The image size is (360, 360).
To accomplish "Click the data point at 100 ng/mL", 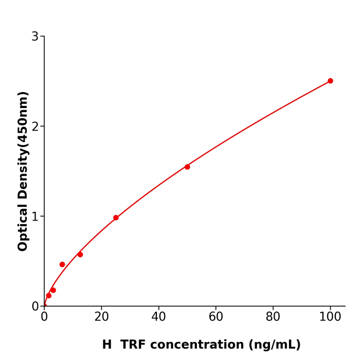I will coord(330,81).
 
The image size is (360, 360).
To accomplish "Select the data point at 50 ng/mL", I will coord(187,167).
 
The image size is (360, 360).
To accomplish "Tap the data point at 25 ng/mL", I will coord(116,218).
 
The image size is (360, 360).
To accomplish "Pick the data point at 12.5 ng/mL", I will coord(80,255).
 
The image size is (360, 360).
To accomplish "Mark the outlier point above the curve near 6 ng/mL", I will coord(62,264).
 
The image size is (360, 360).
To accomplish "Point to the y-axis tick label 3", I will coord(35,37).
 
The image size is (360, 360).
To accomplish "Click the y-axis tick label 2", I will coord(35,127).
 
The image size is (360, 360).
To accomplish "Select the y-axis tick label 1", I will coord(35,217).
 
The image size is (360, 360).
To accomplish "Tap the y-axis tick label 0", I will coord(35,307).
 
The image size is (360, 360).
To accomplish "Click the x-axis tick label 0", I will coord(44,317).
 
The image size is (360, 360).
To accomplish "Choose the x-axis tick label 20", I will coord(101,317).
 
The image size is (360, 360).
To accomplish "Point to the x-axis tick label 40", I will coord(158,317).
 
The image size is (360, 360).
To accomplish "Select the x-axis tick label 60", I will coord(216,317).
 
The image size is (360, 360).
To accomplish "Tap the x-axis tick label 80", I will coord(273,317).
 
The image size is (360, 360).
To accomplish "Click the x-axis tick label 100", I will coord(330,317).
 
